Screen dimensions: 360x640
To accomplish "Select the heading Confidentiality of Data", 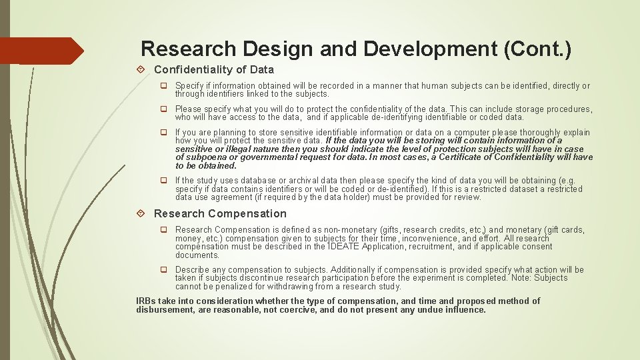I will click(x=213, y=69).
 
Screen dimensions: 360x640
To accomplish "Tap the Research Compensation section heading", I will click(x=220, y=213).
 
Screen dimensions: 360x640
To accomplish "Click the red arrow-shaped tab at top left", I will click(x=40, y=51).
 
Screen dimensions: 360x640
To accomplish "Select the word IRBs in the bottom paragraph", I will click(x=147, y=301).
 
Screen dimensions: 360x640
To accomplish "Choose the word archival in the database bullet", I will click(x=299, y=181).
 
